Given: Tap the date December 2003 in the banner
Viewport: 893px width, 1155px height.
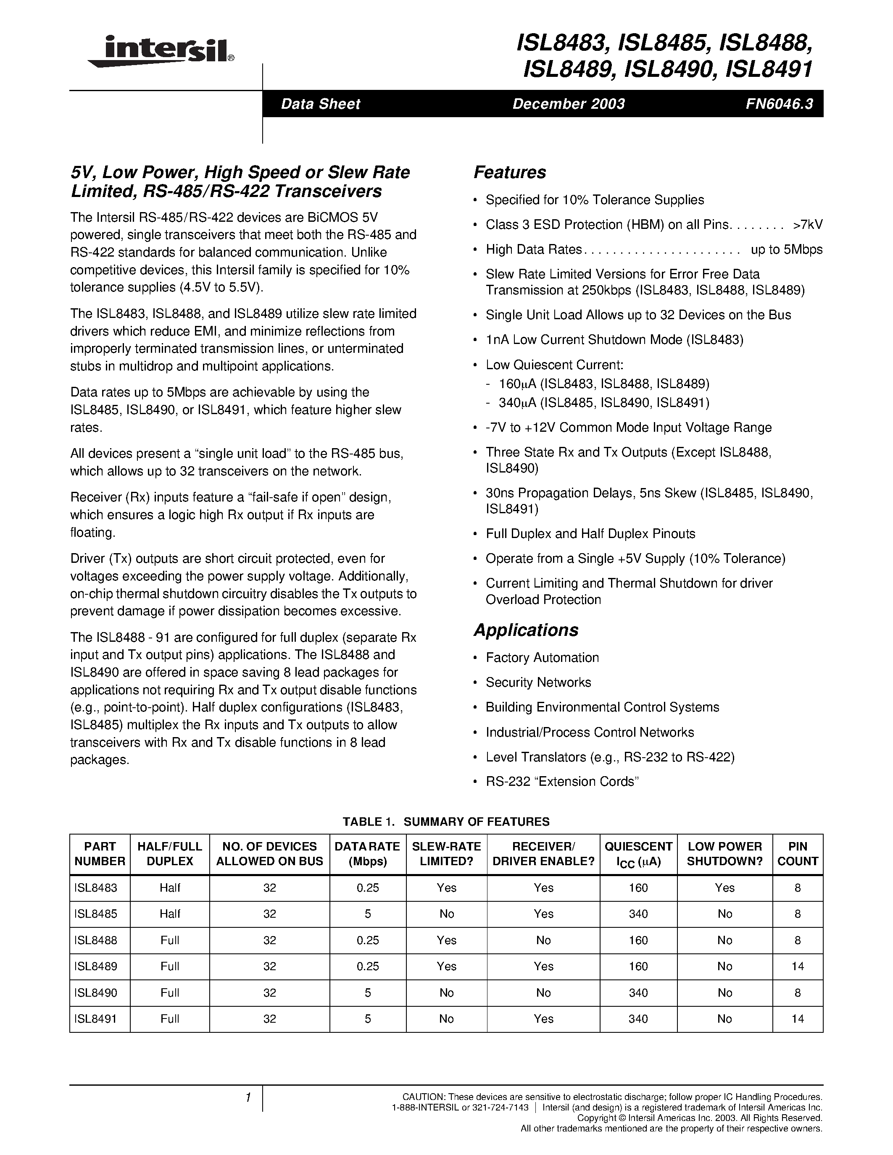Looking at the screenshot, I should (568, 104).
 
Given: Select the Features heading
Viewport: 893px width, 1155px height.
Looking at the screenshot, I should (509, 172).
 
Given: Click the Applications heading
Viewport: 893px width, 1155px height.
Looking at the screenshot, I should (525, 630).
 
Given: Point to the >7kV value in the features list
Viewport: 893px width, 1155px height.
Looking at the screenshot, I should (807, 225).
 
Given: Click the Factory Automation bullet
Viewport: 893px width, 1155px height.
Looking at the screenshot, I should (542, 657).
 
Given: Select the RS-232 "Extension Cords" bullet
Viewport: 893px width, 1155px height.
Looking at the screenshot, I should (562, 782).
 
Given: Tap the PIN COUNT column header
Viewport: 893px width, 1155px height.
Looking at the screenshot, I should (797, 853).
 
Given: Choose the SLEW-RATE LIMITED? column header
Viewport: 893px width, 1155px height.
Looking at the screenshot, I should (446, 853).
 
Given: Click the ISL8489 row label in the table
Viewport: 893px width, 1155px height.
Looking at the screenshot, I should (96, 966).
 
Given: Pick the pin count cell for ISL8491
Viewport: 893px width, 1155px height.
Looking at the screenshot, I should (797, 1018).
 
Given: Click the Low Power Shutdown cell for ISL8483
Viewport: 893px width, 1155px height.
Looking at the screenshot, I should (724, 888).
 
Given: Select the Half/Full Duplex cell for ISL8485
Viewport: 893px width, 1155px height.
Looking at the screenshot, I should (170, 914).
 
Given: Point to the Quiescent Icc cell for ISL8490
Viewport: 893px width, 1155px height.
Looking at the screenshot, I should (638, 992).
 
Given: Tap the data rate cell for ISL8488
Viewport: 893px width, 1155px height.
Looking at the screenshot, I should (368, 940).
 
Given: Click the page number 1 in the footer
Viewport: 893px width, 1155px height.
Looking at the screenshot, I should (248, 1098).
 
